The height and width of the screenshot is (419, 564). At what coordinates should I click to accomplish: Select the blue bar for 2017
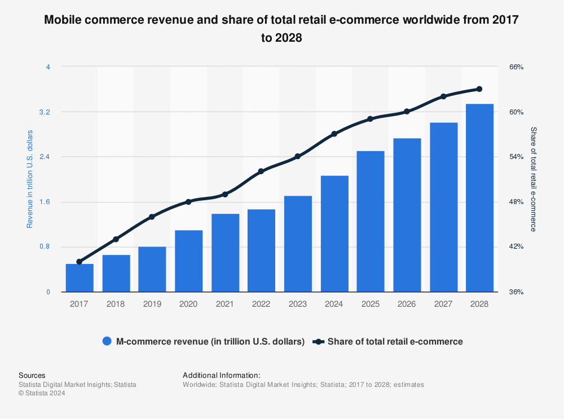pos(80,278)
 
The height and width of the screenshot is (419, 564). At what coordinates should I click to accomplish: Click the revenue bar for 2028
pos(479,198)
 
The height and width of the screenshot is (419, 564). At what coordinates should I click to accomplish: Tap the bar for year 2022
pos(261,250)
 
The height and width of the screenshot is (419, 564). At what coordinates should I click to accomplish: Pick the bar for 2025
pos(370,222)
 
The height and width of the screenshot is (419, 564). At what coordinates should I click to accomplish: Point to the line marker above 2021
pos(224,194)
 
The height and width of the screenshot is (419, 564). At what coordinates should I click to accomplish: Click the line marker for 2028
pos(479,89)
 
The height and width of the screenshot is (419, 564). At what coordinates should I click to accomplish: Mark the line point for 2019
pos(152,217)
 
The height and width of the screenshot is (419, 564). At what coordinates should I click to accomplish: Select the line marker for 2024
pos(334,134)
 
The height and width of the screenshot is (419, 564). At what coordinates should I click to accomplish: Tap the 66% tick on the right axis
pos(517,67)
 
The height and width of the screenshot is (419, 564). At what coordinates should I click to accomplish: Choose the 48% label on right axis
pos(517,202)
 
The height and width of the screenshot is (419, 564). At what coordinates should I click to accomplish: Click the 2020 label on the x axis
pos(188,304)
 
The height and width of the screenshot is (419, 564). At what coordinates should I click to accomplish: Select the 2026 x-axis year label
pos(407,304)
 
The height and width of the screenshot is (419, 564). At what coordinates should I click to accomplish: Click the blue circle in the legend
pos(107,341)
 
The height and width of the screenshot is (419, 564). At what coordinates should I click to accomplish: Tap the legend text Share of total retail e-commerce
pos(395,341)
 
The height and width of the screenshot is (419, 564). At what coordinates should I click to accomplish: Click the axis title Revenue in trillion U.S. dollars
pos(30,179)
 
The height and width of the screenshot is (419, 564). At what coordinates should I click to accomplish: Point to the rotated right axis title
pos(533,179)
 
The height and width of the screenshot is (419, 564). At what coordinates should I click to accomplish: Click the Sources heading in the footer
pos(32,375)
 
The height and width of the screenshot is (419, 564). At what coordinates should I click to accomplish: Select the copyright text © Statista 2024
pos(42,394)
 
